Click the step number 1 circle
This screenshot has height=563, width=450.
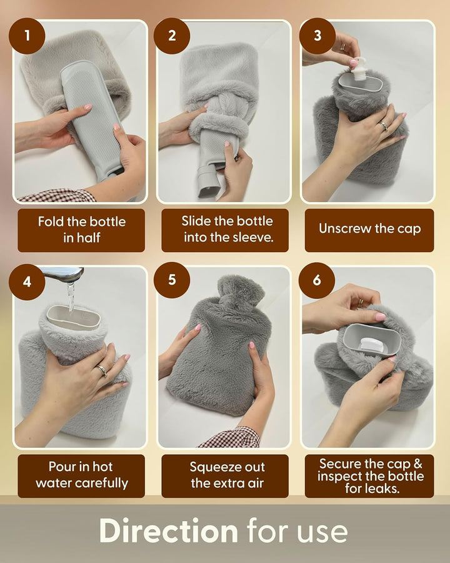click(27, 36)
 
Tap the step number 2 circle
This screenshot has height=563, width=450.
click(172, 36)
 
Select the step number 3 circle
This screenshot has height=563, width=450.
click(317, 36)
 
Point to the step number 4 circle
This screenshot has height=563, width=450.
click(27, 281)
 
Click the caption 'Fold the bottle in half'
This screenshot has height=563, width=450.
click(81, 230)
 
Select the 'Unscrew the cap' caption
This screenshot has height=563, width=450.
click(369, 229)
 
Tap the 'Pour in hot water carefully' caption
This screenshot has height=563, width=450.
click(81, 475)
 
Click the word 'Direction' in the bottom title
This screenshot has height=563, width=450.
click(168, 531)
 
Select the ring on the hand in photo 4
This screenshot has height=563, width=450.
click(101, 370)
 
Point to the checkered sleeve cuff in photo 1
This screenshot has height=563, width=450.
click(56, 196)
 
